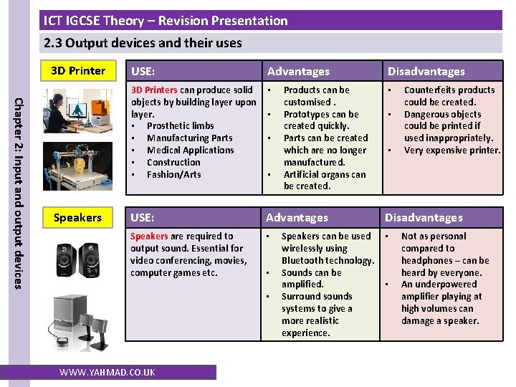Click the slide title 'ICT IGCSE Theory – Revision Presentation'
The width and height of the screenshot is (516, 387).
(x=166, y=21)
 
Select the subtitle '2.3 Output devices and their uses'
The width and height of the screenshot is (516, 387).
(x=143, y=43)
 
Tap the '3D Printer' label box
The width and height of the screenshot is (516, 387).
(x=77, y=70)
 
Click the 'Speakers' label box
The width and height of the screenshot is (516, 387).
(x=77, y=217)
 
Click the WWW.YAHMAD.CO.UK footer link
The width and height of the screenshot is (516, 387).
(x=107, y=372)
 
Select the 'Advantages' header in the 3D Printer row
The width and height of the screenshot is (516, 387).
(x=298, y=71)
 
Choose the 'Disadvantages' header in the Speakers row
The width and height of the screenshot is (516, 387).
(x=424, y=217)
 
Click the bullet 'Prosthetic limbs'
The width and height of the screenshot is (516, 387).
(x=180, y=126)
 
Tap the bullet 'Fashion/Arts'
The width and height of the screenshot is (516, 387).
(x=173, y=174)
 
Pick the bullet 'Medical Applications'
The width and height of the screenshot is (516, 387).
(x=190, y=150)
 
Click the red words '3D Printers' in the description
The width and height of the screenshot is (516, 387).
(x=153, y=90)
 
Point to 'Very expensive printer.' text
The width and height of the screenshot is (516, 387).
(x=451, y=150)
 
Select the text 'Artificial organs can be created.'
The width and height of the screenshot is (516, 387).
(x=324, y=180)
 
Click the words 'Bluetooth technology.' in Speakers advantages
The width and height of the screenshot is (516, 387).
(x=328, y=261)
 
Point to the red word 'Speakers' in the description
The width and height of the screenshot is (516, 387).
(x=149, y=236)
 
